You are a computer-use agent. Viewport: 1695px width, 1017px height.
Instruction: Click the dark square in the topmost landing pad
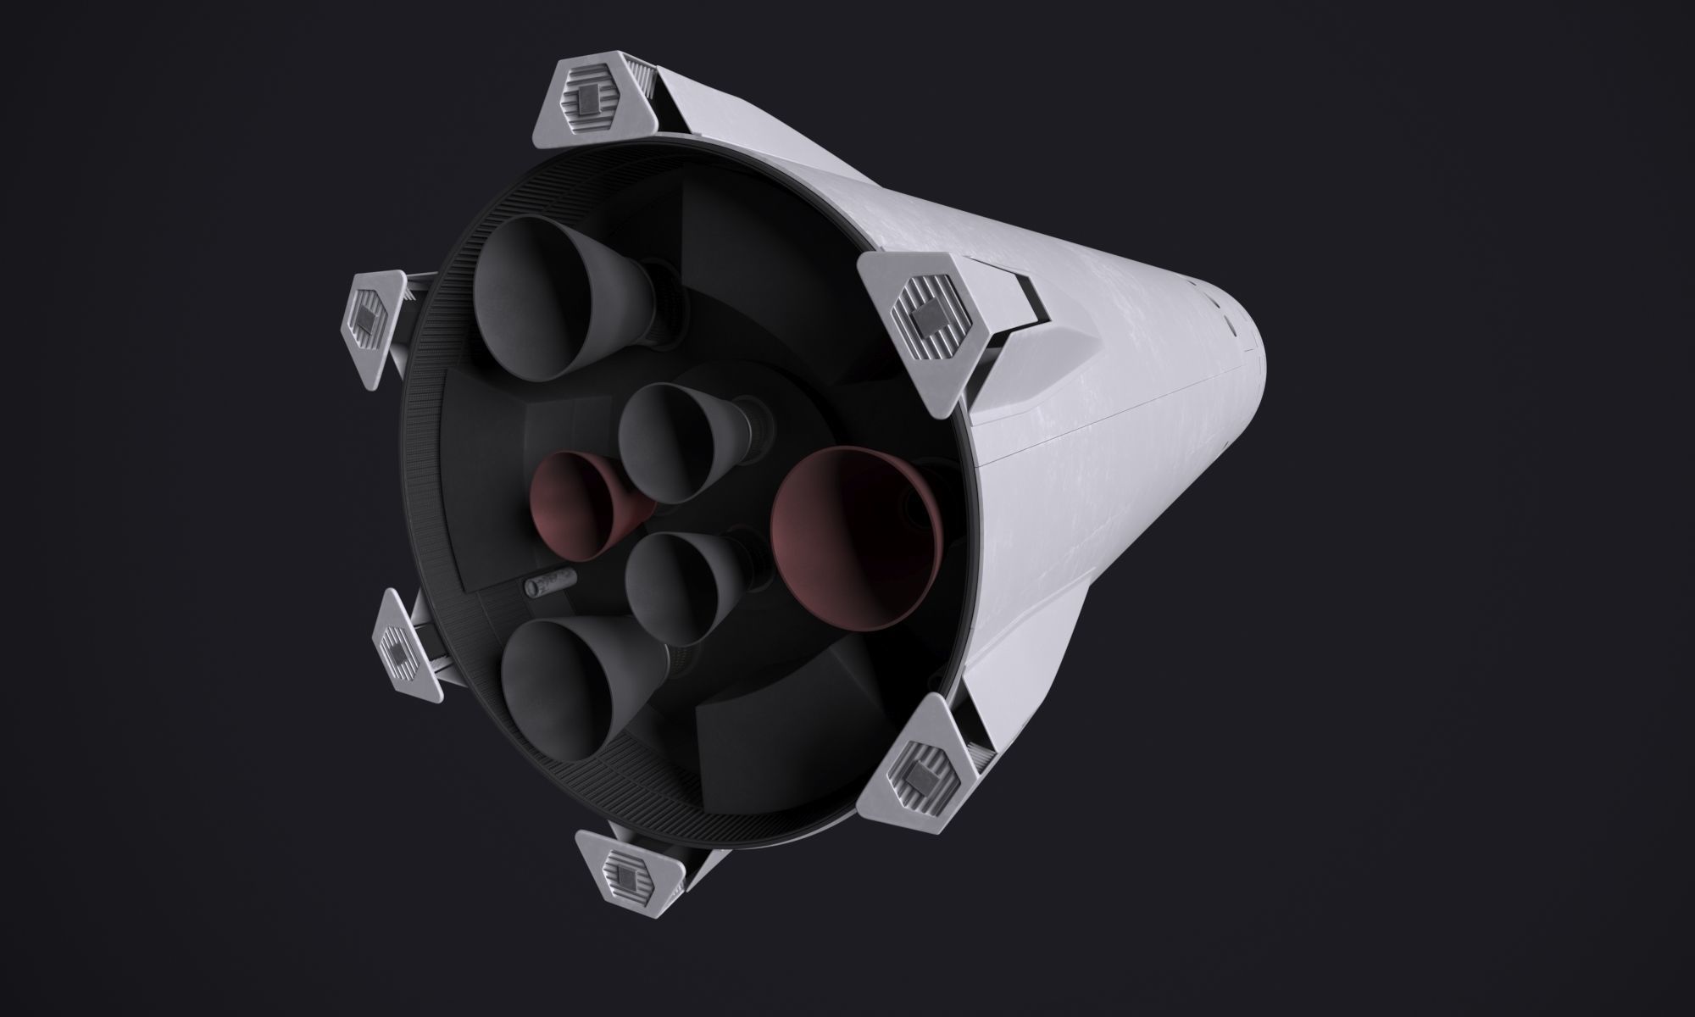pos(588,103)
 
